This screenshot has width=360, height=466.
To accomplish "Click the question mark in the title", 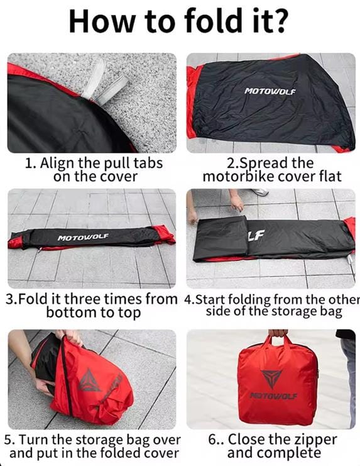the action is coord(279,21).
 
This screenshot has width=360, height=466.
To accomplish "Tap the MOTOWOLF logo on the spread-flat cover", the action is coord(270,91).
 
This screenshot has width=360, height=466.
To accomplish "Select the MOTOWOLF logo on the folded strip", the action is coord(83,237).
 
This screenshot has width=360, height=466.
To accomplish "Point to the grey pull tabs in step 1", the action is coord(102,82).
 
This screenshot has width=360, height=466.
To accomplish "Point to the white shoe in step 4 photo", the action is coord(259,192).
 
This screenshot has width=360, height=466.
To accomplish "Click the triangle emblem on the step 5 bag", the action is coord(89,380).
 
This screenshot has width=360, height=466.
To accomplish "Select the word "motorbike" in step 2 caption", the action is coord(238,176).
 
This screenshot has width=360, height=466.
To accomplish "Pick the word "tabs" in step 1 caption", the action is coord(148,163).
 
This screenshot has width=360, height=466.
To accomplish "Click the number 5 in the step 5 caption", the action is coord(8,440).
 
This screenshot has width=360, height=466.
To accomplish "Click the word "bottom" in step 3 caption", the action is coord(70,313).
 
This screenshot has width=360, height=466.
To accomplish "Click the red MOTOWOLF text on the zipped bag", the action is coord(273,396).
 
